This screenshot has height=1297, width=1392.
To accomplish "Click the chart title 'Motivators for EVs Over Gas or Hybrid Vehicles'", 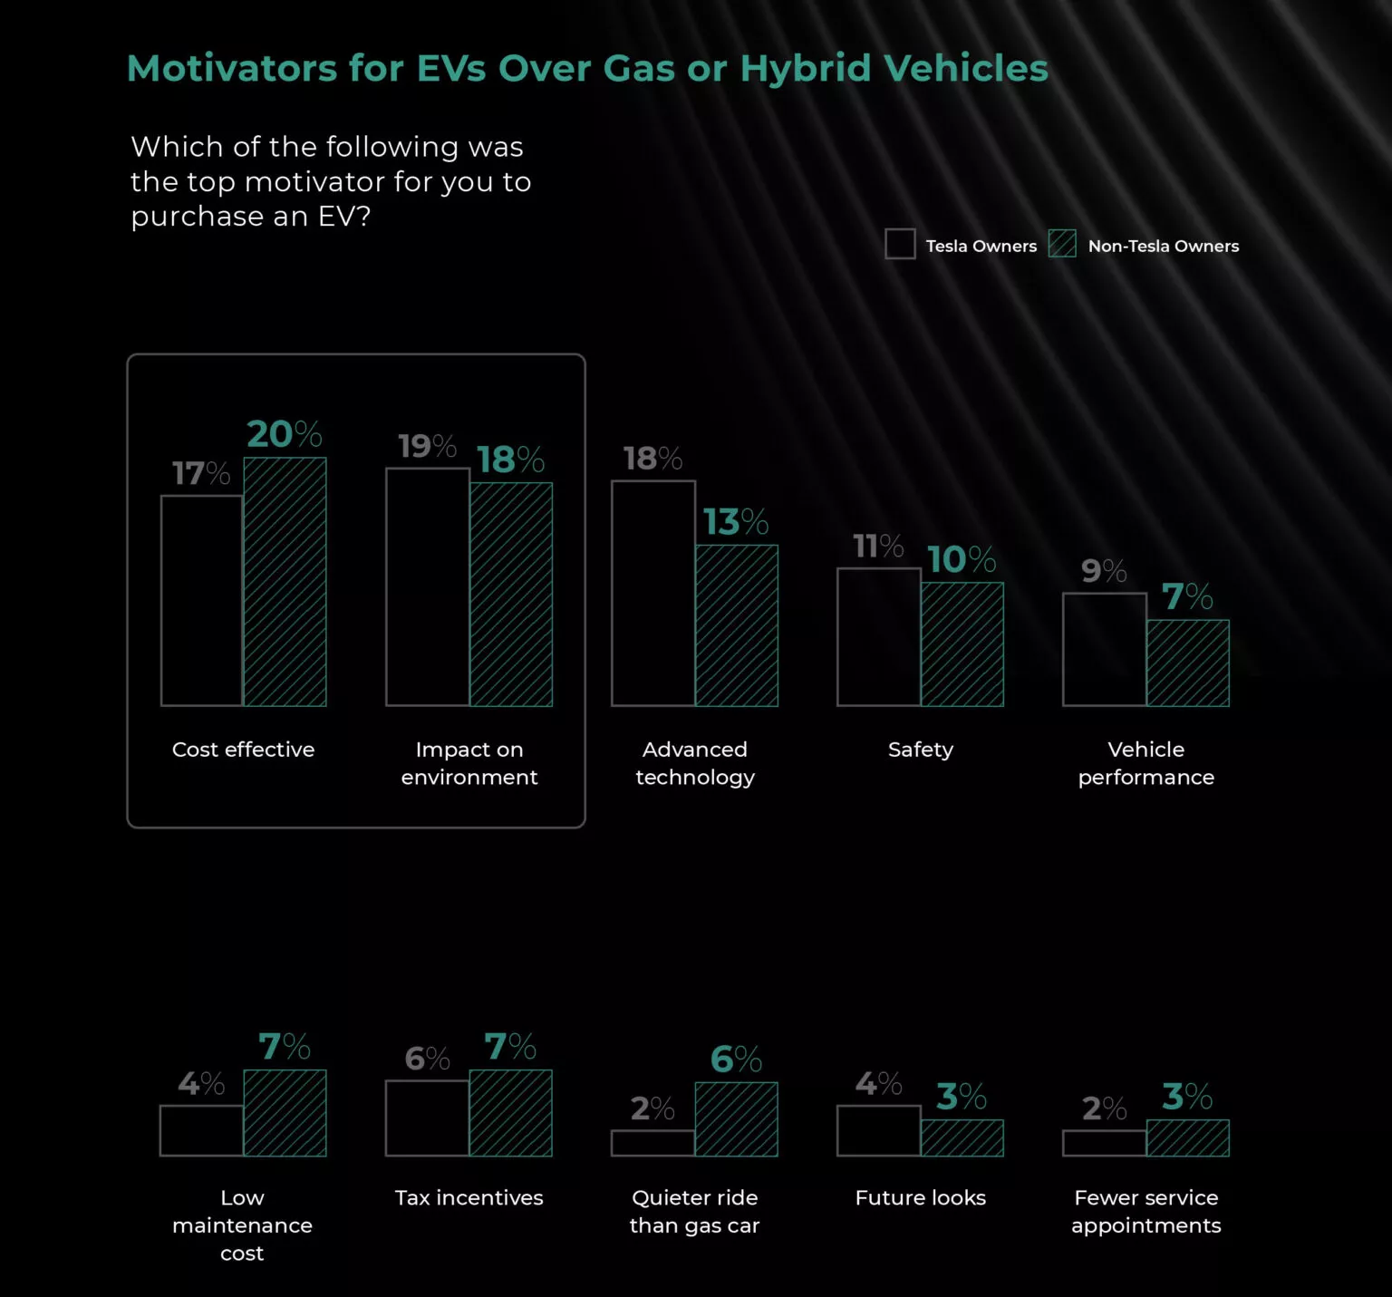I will (587, 69).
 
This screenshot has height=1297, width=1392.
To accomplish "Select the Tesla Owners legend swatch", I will (900, 244).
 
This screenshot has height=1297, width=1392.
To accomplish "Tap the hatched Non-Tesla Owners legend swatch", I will (1062, 244).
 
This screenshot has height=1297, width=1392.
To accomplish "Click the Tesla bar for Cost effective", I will (202, 600).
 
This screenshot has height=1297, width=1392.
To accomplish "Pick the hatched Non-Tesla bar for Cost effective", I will (285, 582).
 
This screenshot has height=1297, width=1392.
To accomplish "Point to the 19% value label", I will (427, 446).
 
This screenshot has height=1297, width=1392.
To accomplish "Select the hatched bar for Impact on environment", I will (511, 594).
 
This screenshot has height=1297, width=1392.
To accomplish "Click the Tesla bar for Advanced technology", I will (653, 593).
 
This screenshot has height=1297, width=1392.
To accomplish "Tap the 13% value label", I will (736, 522).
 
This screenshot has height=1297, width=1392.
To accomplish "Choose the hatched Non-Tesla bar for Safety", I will (962, 644).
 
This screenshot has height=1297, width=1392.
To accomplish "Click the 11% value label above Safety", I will (878, 547).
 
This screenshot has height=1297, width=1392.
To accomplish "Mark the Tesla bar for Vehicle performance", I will (1105, 649).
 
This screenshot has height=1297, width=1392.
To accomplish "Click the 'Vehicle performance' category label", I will (1146, 763).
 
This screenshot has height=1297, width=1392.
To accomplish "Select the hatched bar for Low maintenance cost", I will (285, 1113).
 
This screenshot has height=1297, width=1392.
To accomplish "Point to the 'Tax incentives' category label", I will (469, 1197).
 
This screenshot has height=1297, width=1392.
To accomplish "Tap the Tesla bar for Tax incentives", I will (427, 1118).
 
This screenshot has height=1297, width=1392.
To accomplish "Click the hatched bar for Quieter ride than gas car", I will (736, 1118).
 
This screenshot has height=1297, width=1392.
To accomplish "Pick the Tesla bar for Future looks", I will (878, 1130).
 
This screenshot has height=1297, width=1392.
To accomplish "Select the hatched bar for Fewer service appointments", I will (1188, 1137).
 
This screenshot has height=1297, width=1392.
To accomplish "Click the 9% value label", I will (1104, 571).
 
